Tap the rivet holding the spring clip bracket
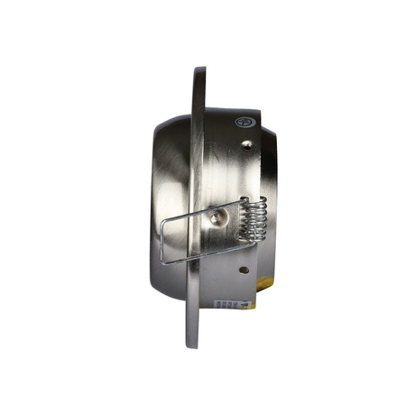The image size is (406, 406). (215, 217)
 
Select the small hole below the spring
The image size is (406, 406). (241, 268)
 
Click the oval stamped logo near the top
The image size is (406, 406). (243, 120)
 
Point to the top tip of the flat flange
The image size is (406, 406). (199, 69)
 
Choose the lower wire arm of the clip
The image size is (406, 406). (189, 255)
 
